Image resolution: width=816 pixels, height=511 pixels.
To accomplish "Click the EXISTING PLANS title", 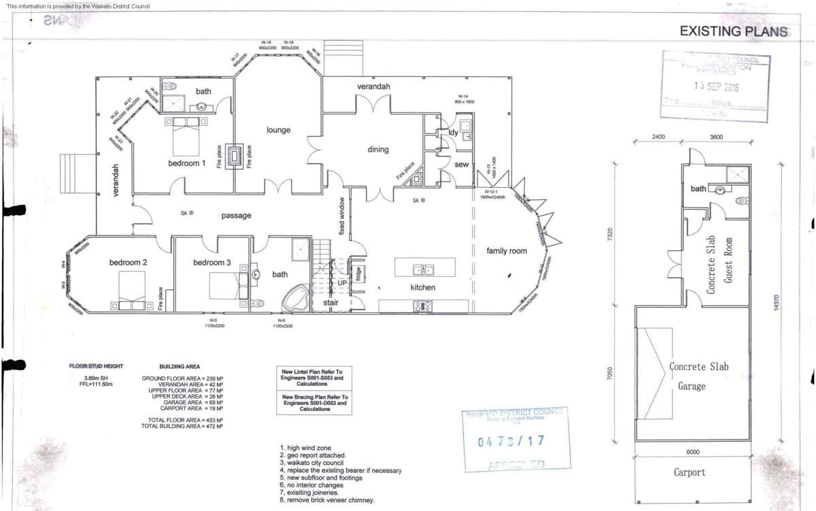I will click(734, 31).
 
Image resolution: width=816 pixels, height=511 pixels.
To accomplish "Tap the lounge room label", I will click(278, 130).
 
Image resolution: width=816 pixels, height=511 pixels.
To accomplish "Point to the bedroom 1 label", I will click(187, 163).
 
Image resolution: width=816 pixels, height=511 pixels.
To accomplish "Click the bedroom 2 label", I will click(129, 263).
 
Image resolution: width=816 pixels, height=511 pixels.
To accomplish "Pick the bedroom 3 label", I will click(211, 263).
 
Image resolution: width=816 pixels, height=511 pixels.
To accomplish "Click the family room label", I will click(507, 251).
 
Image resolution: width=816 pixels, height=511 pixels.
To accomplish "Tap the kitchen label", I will click(422, 288).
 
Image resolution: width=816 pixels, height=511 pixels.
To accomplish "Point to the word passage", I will click(237, 216).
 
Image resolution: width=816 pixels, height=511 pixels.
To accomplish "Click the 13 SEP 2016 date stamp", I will click(716, 86).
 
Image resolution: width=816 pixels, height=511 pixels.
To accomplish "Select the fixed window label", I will click(342, 216).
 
